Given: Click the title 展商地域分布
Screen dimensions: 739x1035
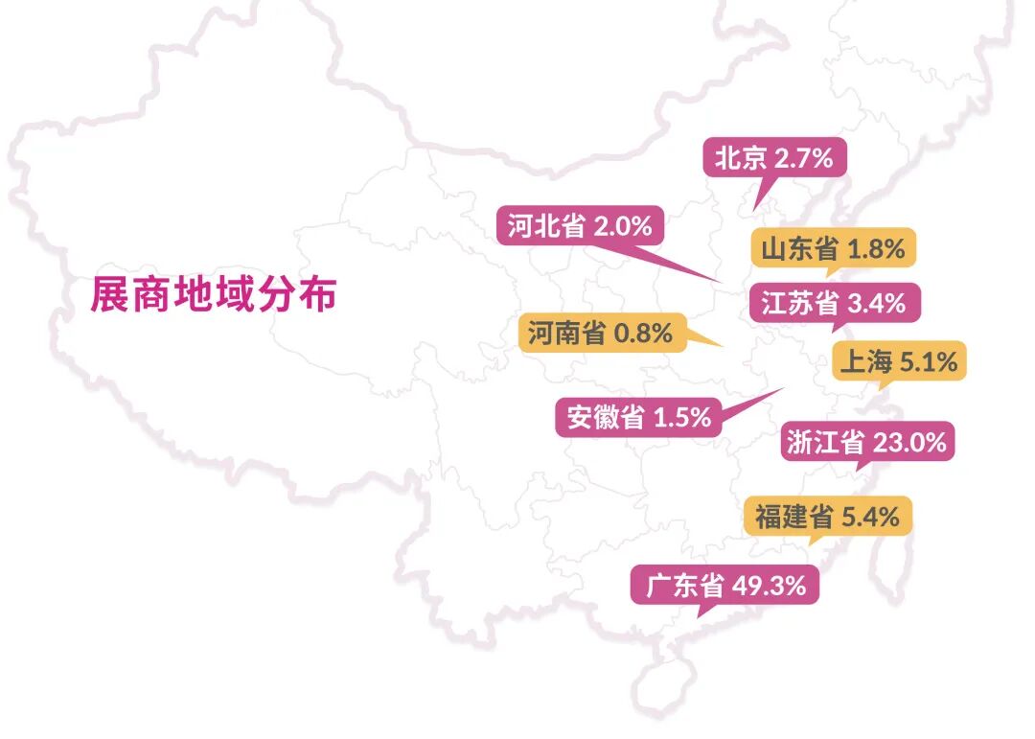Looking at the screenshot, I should tap(213, 294).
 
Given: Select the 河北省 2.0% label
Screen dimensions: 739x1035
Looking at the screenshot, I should tap(580, 226).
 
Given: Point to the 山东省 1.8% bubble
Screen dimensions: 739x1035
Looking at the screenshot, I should tap(833, 249).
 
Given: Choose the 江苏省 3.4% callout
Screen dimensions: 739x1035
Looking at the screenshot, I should tap(833, 304).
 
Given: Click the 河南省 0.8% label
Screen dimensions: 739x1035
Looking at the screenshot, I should tap(600, 334).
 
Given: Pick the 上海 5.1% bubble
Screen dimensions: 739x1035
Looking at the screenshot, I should tap(898, 362).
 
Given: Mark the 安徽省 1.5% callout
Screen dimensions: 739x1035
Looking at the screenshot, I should tap(638, 418).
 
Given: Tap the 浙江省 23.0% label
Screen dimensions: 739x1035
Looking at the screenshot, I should tap(866, 442).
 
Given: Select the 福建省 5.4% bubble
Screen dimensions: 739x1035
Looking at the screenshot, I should tap(827, 518).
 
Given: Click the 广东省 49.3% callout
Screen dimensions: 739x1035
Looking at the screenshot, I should tap(724, 584).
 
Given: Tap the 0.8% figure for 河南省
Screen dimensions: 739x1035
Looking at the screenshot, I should tap(643, 334).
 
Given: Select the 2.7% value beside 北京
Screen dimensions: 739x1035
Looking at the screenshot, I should tap(804, 157).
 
